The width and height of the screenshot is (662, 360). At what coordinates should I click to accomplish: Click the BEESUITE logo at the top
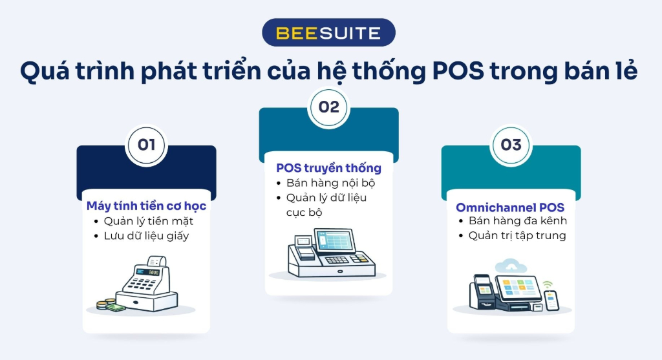(328, 32)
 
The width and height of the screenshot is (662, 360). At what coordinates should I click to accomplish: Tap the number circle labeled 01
(146, 144)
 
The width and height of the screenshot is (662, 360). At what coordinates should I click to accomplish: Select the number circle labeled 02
(328, 107)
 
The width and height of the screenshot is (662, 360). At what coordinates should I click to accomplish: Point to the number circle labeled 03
(511, 144)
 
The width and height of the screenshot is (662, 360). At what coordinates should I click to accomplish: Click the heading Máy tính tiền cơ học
(146, 206)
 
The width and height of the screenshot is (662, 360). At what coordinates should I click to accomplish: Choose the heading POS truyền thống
(328, 168)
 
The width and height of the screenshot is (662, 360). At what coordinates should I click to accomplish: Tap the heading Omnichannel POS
(510, 207)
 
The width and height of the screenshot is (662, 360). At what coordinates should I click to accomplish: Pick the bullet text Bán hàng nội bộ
(331, 183)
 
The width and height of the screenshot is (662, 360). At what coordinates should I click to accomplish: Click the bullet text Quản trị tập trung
(517, 235)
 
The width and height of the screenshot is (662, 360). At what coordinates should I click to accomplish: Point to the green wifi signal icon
(548, 284)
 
